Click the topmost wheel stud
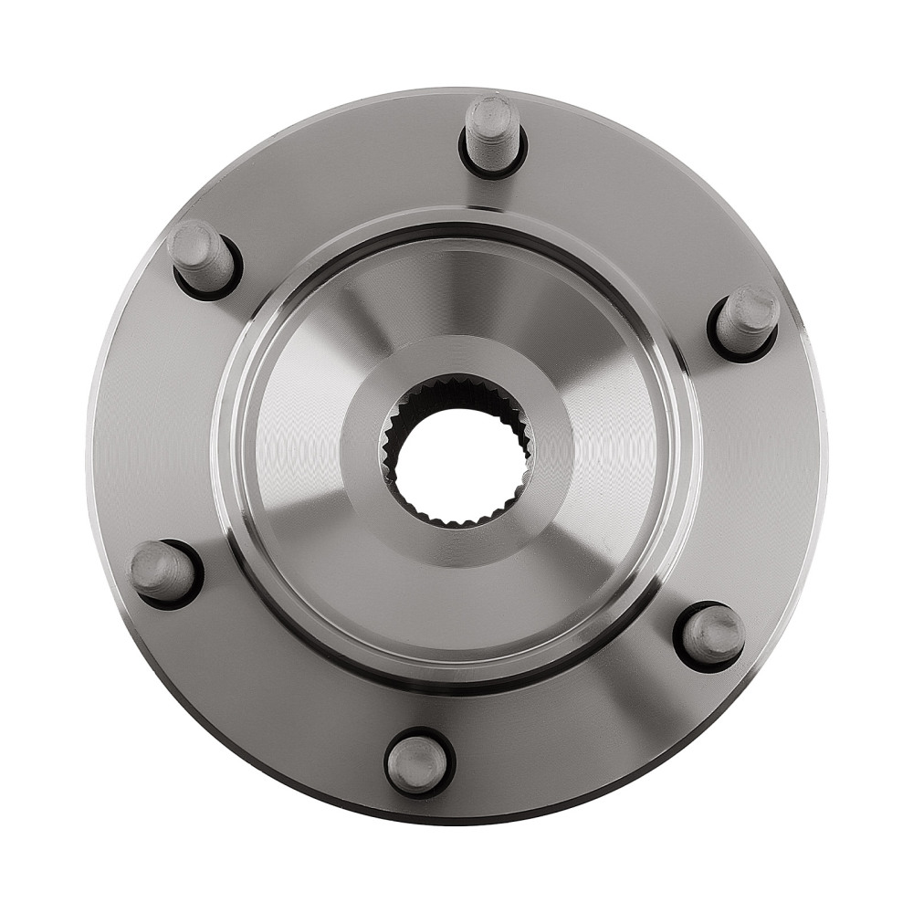coord(493,132)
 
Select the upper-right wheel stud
coord(746,320)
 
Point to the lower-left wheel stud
coord(163,572)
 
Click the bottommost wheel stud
coord(418,763)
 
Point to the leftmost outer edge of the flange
coord(91,456)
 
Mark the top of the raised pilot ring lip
coord(456,219)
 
